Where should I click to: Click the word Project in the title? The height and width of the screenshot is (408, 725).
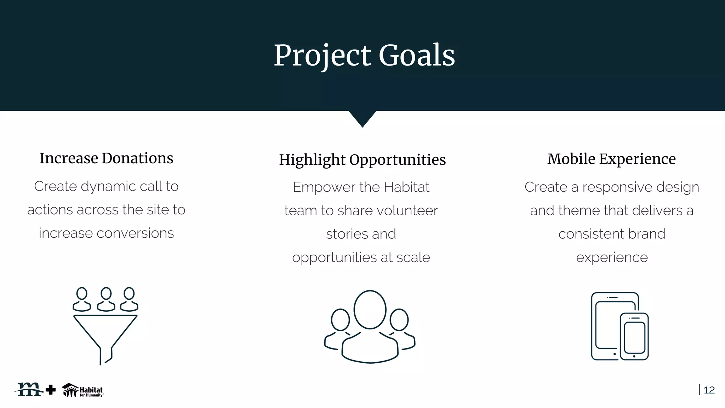(322, 56)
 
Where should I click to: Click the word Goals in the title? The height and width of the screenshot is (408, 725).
(417, 56)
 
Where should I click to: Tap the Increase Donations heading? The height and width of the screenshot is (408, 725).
(106, 158)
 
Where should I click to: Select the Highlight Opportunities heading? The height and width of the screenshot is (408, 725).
(362, 160)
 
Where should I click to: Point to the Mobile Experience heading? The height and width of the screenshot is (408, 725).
(611, 159)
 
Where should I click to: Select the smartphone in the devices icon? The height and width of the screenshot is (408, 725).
(634, 336)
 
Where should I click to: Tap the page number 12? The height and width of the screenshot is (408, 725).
(709, 390)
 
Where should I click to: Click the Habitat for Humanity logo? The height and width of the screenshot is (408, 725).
(82, 390)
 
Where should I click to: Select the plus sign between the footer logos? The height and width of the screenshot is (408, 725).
(51, 390)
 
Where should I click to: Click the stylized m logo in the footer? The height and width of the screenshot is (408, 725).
(29, 389)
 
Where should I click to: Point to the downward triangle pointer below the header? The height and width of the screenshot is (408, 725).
(362, 118)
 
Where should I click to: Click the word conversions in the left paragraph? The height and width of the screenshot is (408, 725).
(135, 233)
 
